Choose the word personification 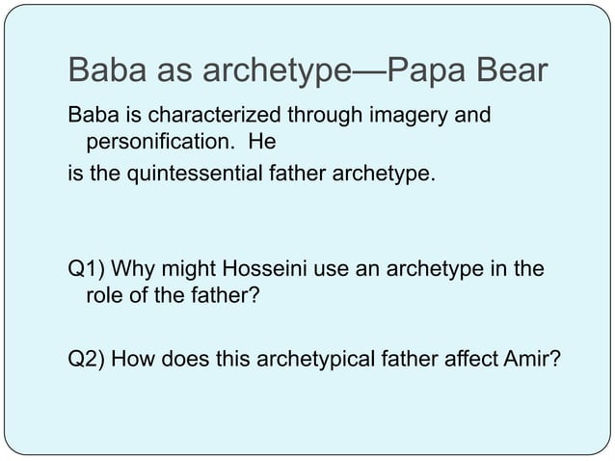[158, 145]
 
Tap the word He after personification [261, 145]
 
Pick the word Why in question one [132, 267]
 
